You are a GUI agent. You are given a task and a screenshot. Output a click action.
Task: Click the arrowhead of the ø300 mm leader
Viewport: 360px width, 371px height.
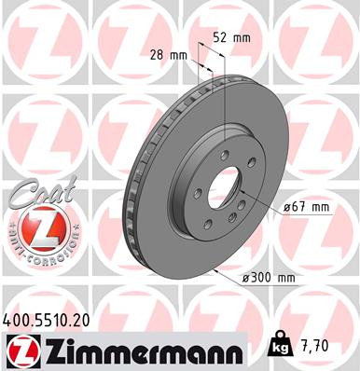[215, 269]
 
